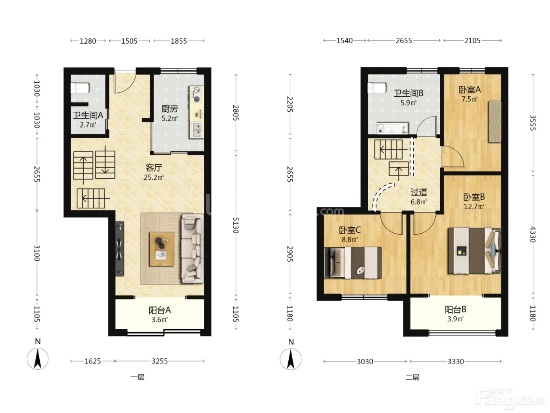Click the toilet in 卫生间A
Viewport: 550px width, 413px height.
80,88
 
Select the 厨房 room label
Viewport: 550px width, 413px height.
169,109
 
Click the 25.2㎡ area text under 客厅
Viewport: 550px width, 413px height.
153,177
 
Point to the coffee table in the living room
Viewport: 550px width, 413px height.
161,249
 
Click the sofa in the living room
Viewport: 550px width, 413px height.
192,249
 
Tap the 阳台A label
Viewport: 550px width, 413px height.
159,310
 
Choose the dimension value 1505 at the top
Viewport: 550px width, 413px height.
129,41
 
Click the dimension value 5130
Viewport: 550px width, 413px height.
236,225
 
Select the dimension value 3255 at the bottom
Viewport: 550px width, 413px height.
159,361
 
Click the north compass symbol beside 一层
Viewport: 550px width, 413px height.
38,359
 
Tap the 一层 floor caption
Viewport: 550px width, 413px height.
137,377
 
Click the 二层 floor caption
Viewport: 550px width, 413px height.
412,377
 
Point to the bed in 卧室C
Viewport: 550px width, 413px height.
353,263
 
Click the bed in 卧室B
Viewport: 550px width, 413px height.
475,251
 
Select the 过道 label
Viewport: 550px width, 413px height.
419,192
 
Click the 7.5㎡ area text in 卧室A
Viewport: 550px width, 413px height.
469,99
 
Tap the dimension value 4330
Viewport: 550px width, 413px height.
533,234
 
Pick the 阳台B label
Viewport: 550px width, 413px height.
455,310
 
